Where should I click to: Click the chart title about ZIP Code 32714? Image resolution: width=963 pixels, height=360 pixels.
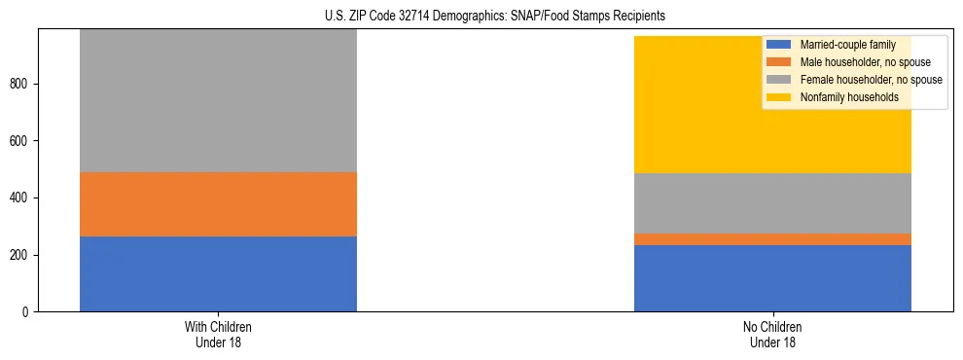(x=495, y=16)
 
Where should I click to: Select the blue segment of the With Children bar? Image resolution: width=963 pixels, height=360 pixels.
(x=218, y=273)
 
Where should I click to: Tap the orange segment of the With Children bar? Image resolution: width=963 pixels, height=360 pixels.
(x=218, y=204)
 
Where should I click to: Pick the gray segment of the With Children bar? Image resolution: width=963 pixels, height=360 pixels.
(x=218, y=101)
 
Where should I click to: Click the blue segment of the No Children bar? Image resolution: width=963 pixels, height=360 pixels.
(x=772, y=278)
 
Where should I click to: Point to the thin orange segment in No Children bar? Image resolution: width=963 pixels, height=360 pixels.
(x=772, y=239)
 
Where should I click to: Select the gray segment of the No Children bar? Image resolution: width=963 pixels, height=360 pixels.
(x=772, y=203)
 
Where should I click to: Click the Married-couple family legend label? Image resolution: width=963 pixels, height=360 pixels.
(x=847, y=45)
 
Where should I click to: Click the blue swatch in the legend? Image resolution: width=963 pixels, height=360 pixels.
(x=779, y=45)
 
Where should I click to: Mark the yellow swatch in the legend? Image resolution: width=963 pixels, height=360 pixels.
(x=779, y=97)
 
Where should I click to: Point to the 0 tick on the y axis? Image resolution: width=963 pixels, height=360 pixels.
(x=28, y=312)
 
